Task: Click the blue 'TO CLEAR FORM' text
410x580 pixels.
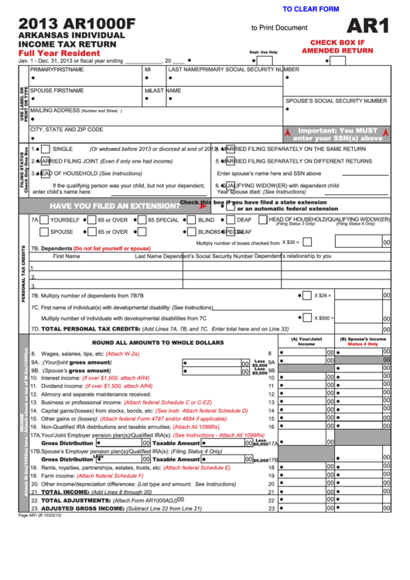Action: tap(311, 9)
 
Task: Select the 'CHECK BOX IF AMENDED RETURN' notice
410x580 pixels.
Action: tap(337, 46)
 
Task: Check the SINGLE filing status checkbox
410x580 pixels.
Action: tap(46, 149)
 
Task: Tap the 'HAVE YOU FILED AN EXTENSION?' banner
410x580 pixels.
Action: tap(115, 206)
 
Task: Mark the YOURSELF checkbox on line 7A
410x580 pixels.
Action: tap(45, 220)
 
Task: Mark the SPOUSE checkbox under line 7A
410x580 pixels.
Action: tap(45, 232)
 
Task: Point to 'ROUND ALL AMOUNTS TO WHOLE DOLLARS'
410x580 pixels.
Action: tap(158, 341)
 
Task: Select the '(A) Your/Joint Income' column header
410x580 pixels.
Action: tap(306, 341)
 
